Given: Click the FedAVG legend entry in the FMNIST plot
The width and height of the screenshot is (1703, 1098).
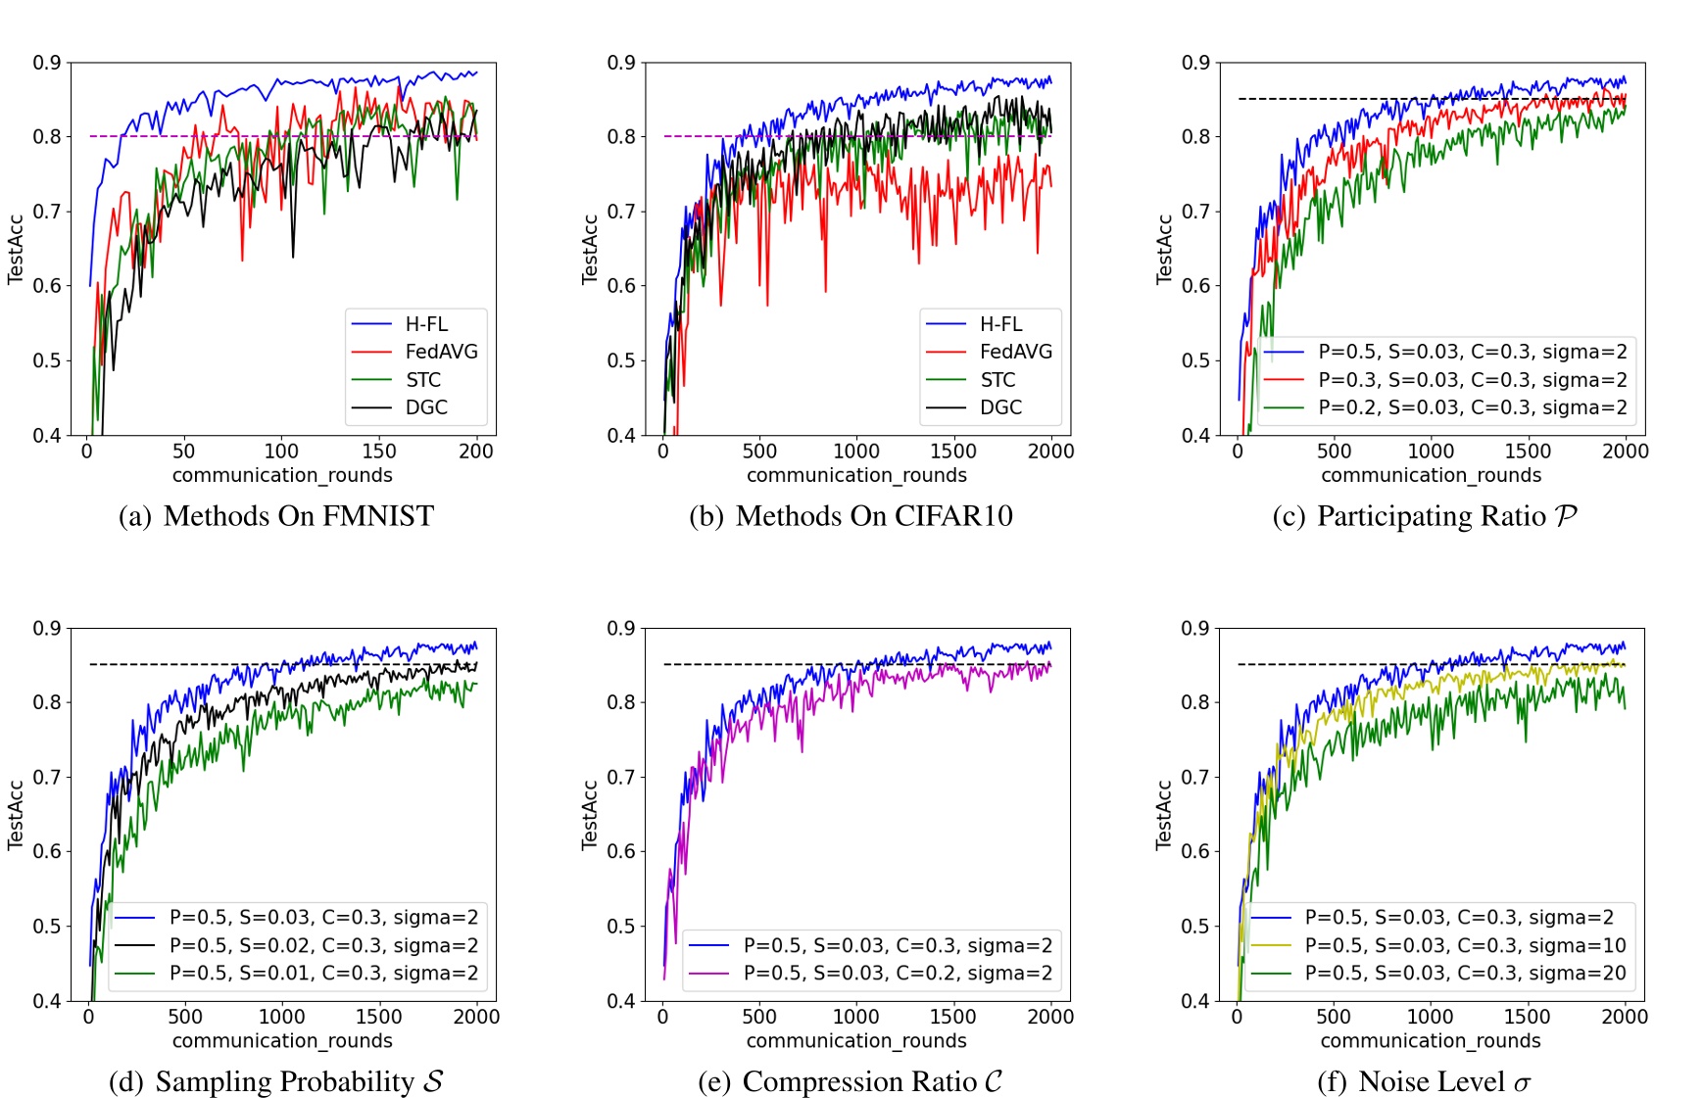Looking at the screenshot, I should tap(441, 352).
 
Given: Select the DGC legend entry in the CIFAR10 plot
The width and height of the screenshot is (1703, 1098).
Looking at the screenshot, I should tap(1000, 407).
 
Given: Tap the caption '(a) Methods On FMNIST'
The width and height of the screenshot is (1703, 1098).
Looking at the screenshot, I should tap(276, 516).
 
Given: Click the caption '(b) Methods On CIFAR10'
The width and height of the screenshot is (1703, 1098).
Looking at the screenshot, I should tap(851, 516).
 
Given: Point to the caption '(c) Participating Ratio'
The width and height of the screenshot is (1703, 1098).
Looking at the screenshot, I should tap(1425, 516).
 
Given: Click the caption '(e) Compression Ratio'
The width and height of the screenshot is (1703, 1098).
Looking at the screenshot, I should tap(851, 1081).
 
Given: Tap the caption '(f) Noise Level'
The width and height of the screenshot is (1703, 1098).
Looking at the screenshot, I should tap(1425, 1081).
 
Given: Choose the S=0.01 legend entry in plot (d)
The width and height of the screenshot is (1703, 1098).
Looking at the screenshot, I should tap(323, 973).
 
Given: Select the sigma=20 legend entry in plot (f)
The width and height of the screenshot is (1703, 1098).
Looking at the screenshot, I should tap(1465, 973).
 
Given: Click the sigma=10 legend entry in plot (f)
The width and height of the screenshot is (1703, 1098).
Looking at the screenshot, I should tap(1465, 945).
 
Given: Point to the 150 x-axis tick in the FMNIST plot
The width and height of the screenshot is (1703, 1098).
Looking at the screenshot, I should tap(379, 452).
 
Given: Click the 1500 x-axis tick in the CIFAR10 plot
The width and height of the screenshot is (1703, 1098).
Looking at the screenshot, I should tap(953, 452).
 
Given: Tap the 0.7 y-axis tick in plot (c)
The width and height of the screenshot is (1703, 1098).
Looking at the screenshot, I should tap(1194, 212).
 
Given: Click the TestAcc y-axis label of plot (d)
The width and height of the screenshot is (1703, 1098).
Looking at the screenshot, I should tap(16, 815).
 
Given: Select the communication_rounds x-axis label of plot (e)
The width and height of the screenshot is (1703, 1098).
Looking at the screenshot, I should tap(856, 1041).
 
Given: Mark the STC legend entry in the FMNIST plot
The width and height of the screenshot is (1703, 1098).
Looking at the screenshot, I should tap(423, 380).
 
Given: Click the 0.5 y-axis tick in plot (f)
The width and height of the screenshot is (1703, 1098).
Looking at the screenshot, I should tap(1194, 927).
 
